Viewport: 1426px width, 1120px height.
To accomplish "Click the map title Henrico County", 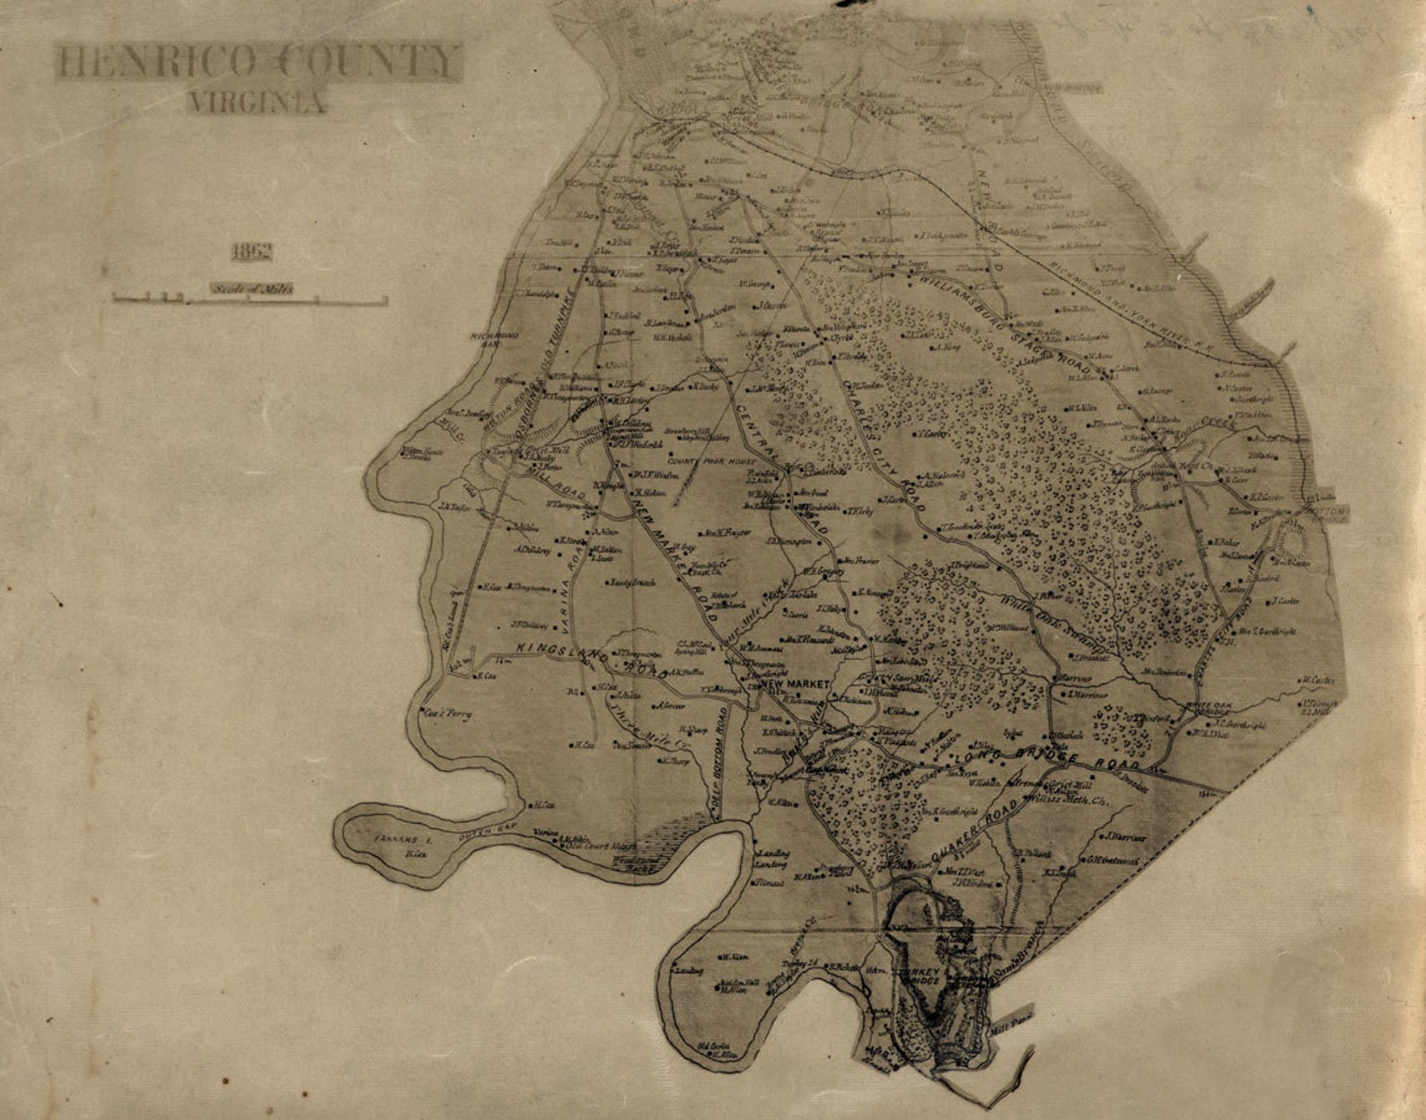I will (258, 62).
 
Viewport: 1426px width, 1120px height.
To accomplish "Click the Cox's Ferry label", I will (448, 715).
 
